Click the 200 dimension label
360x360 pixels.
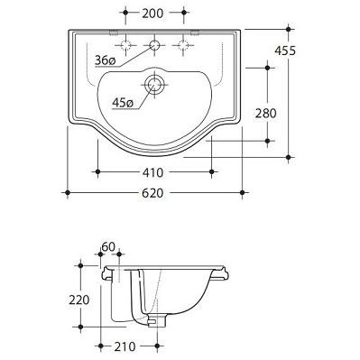click(152, 14)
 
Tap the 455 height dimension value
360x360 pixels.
click(285, 51)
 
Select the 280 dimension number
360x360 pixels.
click(265, 114)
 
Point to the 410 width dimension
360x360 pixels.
click(152, 172)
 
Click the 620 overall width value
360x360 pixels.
click(152, 193)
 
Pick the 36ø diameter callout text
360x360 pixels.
click(105, 60)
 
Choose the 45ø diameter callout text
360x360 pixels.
click(122, 103)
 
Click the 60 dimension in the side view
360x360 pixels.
click(108, 247)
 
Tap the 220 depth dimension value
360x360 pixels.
click(79, 300)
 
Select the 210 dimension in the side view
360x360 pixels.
click(125, 346)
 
